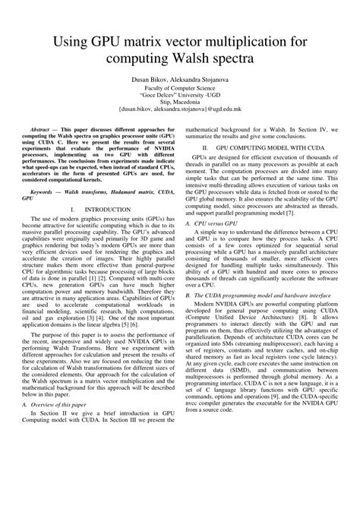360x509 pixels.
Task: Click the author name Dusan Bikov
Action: tap(144, 80)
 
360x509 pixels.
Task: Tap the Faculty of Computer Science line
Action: tap(179, 88)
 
